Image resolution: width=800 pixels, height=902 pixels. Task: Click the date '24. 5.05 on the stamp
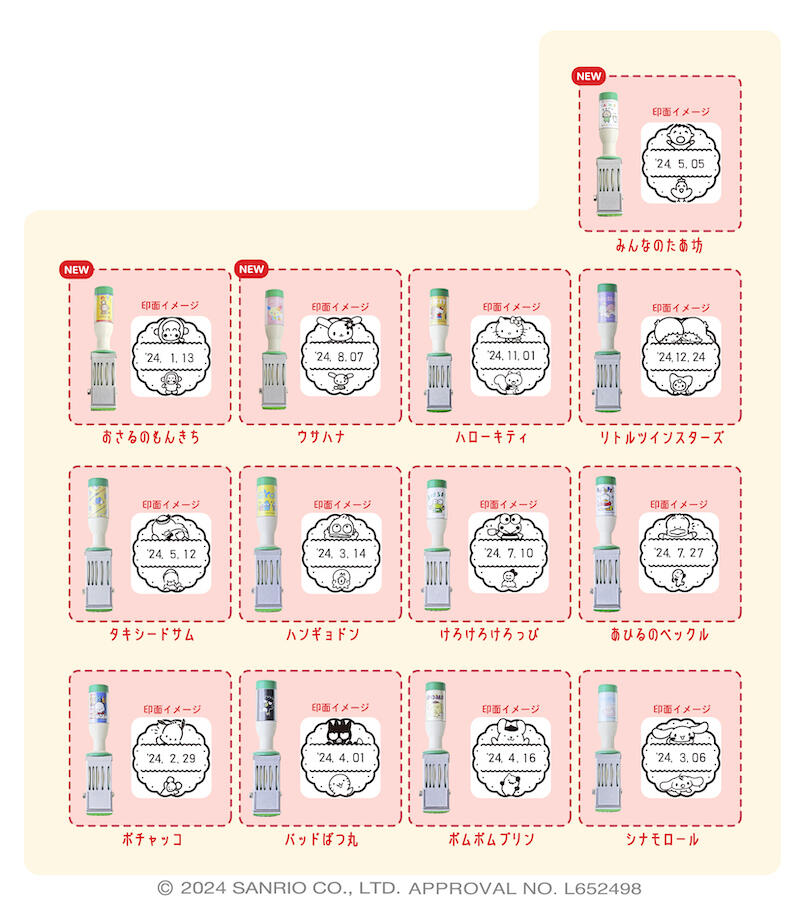679,164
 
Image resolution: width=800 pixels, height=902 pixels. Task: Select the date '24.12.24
679,357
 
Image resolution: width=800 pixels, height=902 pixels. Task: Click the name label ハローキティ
490,437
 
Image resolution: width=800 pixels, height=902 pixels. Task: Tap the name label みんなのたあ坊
659,243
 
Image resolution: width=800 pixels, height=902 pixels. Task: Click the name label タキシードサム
150,634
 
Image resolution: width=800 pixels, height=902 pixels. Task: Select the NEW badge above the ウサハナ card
251,269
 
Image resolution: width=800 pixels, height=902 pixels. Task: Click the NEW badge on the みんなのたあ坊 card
588,76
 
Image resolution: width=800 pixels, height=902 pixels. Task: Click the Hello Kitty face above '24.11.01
510,329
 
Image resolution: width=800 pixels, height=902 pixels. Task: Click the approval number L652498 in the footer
597,888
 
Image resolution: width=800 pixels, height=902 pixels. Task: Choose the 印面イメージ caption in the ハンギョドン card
340,504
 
